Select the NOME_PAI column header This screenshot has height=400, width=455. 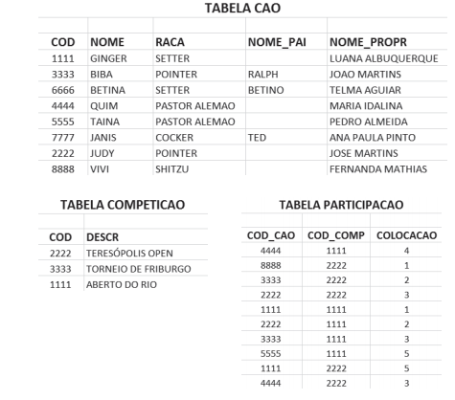click(x=278, y=42)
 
